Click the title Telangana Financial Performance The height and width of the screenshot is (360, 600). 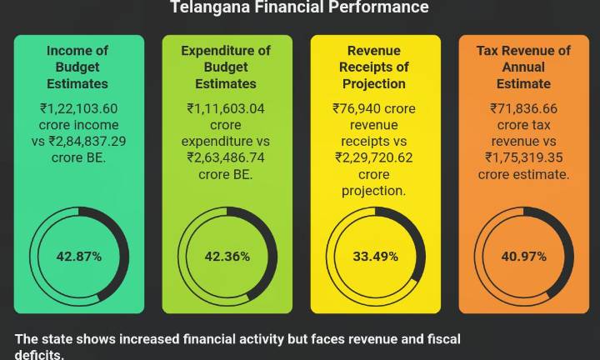coord(299,7)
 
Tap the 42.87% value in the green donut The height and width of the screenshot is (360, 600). coord(79,257)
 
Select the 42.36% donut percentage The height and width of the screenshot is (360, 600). coord(227,257)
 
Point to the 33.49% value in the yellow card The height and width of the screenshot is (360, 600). coord(375,257)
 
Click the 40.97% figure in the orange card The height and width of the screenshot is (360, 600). coord(523,257)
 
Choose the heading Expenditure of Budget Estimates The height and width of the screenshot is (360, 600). coord(226,67)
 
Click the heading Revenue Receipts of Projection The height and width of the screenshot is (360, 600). coord(374,67)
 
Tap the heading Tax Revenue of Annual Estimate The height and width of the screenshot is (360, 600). coord(523,67)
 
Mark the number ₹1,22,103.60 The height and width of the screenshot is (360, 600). coord(79,107)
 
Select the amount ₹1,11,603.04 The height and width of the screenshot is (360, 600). coord(226,107)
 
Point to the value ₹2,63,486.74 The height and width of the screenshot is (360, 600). coord(226,157)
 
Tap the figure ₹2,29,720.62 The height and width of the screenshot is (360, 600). coord(374,157)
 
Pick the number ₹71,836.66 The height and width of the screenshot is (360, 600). coord(523,107)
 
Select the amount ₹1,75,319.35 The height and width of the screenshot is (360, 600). coord(523,157)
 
